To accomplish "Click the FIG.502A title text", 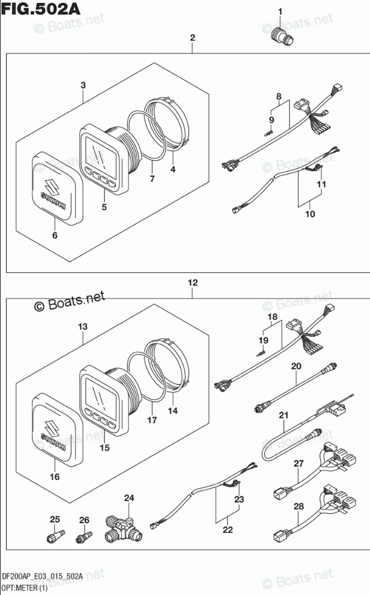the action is click(x=41, y=8).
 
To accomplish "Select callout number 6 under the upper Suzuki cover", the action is click(x=55, y=235).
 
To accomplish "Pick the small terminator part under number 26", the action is click(x=85, y=537).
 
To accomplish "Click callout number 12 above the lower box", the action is click(x=193, y=282).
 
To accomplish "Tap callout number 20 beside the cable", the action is click(x=296, y=366).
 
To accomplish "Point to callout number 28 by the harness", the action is click(x=299, y=506).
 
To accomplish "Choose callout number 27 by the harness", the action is click(x=299, y=463).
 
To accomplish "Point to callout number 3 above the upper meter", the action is click(x=83, y=86).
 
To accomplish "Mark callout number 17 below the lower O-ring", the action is click(x=152, y=420).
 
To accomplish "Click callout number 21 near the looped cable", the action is click(x=283, y=416).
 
